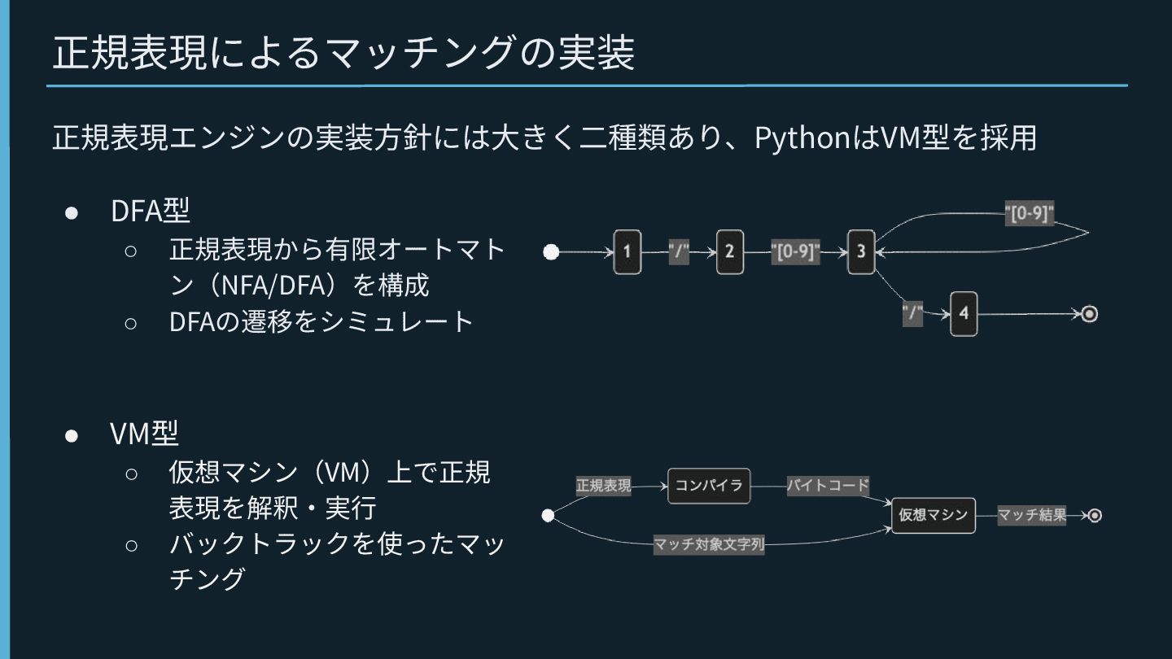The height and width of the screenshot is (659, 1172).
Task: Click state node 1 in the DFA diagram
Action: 628,252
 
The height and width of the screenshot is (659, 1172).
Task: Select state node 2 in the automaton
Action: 730,252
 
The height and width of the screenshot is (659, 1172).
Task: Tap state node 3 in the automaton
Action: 860,252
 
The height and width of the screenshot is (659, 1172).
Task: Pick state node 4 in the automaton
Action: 964,313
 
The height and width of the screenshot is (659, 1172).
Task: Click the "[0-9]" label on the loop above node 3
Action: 1030,215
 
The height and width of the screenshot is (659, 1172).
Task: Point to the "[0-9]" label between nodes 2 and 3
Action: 795,252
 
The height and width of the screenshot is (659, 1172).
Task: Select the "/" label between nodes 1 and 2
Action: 679,252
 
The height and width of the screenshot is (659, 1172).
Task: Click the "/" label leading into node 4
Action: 912,313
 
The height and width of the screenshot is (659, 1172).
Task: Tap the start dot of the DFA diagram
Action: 551,252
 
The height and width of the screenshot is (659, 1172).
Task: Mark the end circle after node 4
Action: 1089,314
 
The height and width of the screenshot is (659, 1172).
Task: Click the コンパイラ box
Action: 709,486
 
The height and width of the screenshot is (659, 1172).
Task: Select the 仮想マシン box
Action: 934,515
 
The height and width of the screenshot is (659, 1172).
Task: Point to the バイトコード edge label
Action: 828,486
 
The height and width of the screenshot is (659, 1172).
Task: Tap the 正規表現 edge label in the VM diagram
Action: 603,486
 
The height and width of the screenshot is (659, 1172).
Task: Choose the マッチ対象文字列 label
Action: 710,544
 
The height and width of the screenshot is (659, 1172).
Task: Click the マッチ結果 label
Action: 1032,515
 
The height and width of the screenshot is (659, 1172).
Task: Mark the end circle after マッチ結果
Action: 1095,515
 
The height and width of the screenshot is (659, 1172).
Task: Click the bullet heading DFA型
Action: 151,211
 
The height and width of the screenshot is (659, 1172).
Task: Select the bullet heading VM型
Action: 144,434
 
